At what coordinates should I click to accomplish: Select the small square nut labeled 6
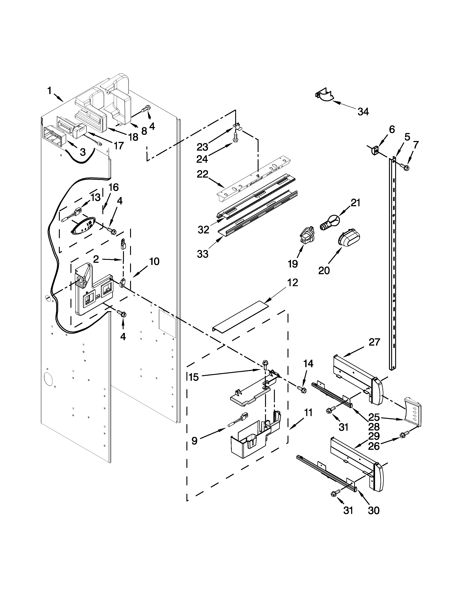click(375, 150)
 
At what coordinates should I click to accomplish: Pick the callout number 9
click(194, 441)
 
